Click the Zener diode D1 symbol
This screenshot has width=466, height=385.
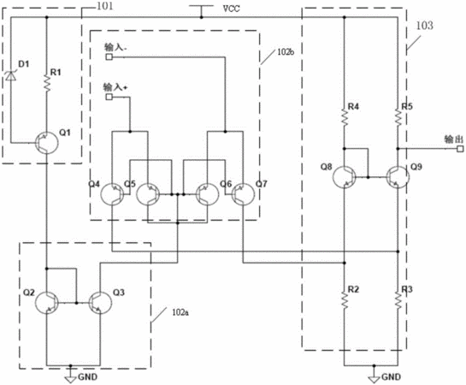pos(11,76)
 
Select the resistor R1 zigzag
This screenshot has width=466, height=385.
pos(47,83)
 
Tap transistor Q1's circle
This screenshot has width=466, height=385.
pos(47,143)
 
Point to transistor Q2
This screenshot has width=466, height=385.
pos(47,303)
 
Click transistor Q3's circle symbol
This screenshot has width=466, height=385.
pos(100,303)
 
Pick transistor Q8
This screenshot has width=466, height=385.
pos(344,177)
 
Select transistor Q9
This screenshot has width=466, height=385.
pos(398,177)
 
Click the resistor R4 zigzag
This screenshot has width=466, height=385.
pos(345,117)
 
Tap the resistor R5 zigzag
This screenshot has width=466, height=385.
pos(398,117)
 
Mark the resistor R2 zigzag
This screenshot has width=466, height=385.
pos(345,300)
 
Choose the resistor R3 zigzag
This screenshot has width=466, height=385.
pos(398,300)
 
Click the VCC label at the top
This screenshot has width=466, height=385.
pos(231,9)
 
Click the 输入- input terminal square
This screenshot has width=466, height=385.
pos(109,56)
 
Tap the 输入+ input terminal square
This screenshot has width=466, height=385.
pos(109,97)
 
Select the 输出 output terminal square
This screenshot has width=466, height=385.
pos(460,149)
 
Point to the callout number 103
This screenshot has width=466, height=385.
pos(424,26)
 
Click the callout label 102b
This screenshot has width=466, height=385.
pos(286,51)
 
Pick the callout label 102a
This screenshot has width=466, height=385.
pos(180,312)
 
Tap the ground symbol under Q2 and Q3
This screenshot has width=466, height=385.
pos(70,375)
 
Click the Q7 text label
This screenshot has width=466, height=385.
pos(262,184)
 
